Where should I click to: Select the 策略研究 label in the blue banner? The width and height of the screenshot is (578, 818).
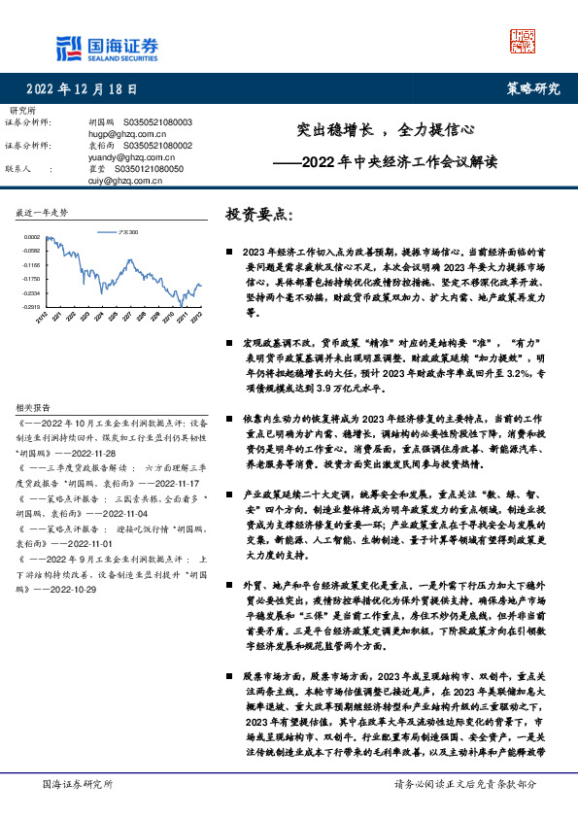click(x=533, y=89)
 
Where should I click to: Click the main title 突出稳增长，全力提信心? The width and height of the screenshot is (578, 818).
click(x=385, y=128)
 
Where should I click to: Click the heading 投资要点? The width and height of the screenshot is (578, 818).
click(x=258, y=214)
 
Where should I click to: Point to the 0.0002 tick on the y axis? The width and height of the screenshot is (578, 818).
click(x=32, y=236)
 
